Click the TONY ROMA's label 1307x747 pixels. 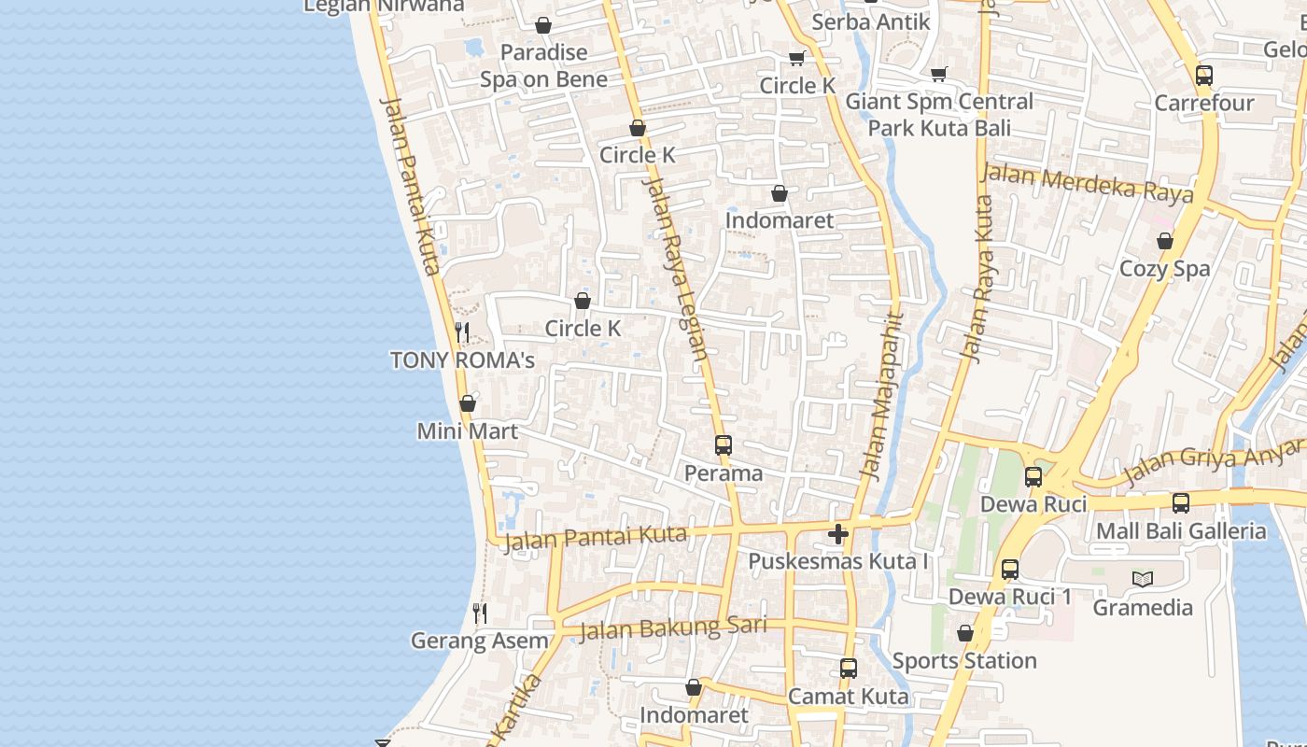(x=462, y=360)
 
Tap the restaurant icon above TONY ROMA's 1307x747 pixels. (x=461, y=332)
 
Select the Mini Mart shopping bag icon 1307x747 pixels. (x=468, y=403)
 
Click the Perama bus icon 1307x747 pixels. (x=724, y=445)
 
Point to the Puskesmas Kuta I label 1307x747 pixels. (x=838, y=561)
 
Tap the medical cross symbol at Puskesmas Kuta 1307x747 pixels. (x=838, y=534)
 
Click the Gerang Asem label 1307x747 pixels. (x=480, y=641)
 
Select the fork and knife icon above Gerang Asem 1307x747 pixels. (x=480, y=613)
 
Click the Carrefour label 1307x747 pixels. (x=1204, y=103)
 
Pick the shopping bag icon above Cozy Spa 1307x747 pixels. (x=1165, y=241)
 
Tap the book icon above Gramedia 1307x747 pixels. (x=1143, y=580)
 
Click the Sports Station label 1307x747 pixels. (x=964, y=661)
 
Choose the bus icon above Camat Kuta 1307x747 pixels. (x=849, y=669)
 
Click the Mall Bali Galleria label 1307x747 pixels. (x=1181, y=531)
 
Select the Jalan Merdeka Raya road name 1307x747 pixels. (x=1088, y=182)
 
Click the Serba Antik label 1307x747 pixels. (x=871, y=21)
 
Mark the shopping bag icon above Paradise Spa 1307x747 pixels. (x=543, y=25)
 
